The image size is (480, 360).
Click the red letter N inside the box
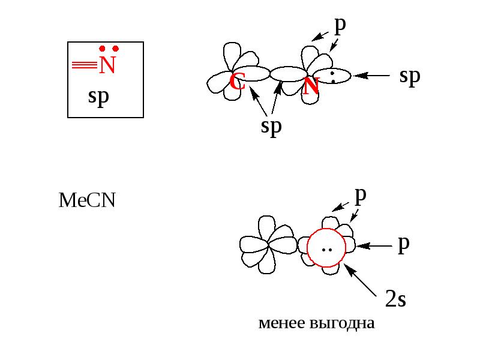[x=107, y=65]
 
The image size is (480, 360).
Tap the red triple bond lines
[x=85, y=65]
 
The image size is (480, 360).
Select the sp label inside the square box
[x=98, y=97]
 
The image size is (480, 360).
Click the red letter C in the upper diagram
[x=237, y=82]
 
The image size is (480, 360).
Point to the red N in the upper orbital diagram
[x=311, y=86]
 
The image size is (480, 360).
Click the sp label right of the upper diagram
[x=410, y=77]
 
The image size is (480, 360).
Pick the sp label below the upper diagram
[x=271, y=127]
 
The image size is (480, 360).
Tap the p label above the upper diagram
[x=340, y=26]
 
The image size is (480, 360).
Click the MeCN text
[x=87, y=200]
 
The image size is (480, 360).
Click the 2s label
[x=395, y=299]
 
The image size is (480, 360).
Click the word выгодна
[x=342, y=323]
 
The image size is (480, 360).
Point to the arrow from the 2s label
[x=361, y=280]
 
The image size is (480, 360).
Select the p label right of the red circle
[x=404, y=245]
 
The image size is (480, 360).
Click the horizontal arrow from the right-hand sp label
[x=371, y=76]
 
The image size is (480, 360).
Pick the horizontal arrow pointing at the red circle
[x=374, y=246]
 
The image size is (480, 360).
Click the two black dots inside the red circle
[x=327, y=250]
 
